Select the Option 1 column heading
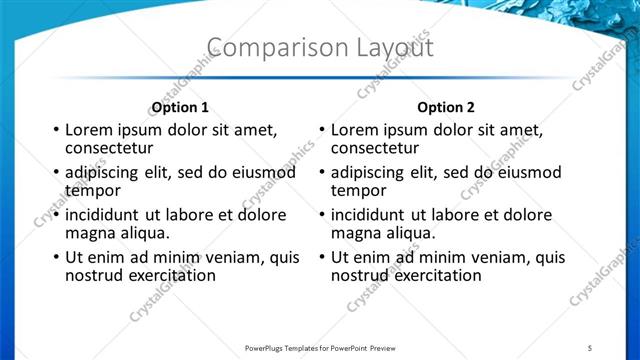pyautogui.click(x=180, y=107)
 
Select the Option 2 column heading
pyautogui.click(x=446, y=107)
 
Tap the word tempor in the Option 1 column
pyautogui.click(x=92, y=190)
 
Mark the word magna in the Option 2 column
pyautogui.click(x=355, y=233)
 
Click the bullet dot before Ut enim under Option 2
pyautogui.click(x=322, y=258)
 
